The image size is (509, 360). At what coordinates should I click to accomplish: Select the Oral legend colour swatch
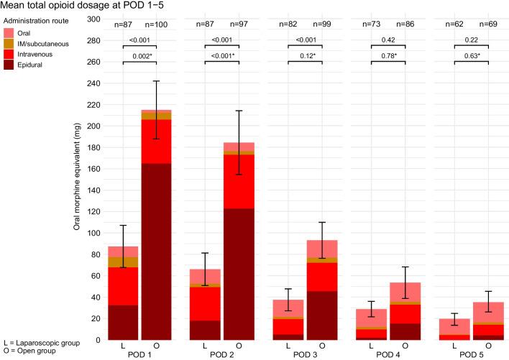pyautogui.click(x=9, y=32)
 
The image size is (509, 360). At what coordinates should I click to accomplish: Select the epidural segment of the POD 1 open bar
pyautogui.click(x=156, y=251)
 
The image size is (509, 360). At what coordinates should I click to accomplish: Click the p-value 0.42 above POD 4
pyautogui.click(x=388, y=40)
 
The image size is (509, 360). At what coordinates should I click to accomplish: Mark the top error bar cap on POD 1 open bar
pyautogui.click(x=156, y=81)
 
